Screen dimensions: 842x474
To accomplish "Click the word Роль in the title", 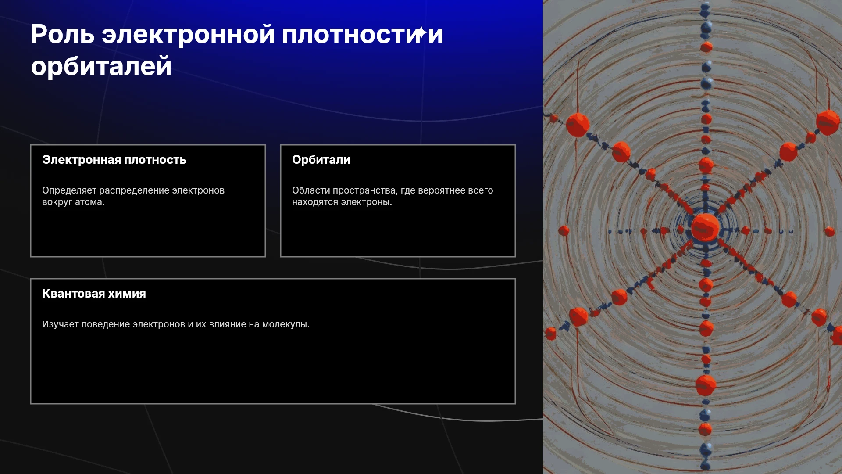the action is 63,34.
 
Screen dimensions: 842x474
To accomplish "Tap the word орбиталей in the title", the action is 101,66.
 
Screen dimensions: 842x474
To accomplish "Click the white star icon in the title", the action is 421,32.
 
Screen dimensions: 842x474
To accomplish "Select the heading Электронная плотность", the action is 114,160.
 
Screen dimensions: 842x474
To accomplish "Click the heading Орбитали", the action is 321,160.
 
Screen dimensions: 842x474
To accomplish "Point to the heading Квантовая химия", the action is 94,294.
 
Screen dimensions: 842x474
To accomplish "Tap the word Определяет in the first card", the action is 69,190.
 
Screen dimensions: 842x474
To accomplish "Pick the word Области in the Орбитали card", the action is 310,190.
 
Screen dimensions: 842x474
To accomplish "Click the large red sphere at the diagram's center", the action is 705,227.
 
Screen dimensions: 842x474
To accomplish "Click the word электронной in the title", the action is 188,34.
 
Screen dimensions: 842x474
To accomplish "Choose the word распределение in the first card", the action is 134,190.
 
